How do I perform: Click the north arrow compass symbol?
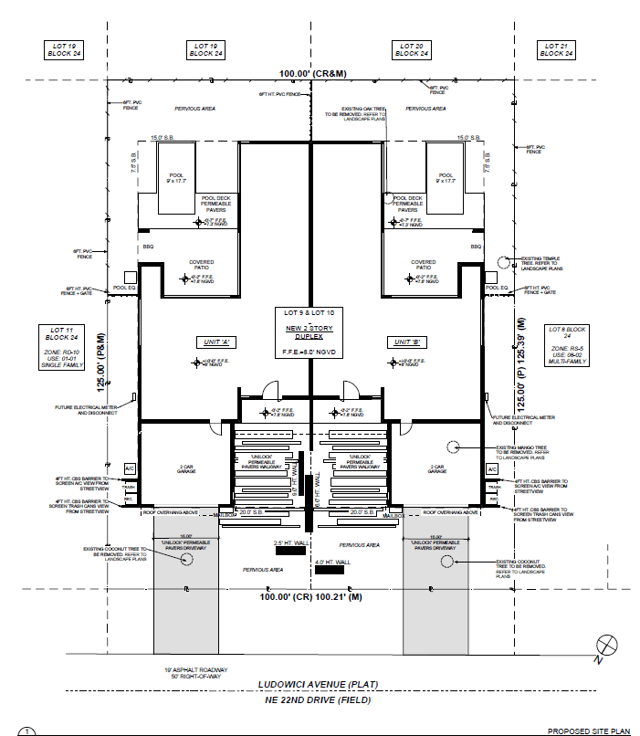point(602,645)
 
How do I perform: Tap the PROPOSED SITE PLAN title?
point(588,731)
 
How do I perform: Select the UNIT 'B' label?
point(403,342)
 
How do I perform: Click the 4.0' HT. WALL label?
point(329,562)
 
